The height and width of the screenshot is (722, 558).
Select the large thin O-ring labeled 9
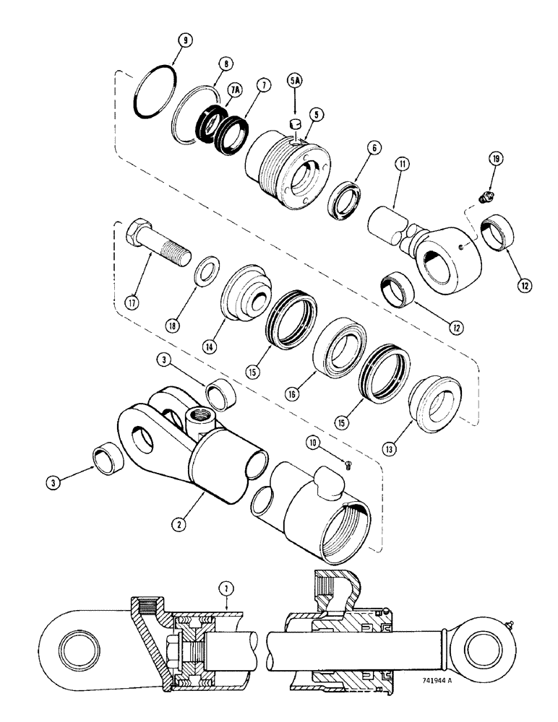[x=155, y=92]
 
